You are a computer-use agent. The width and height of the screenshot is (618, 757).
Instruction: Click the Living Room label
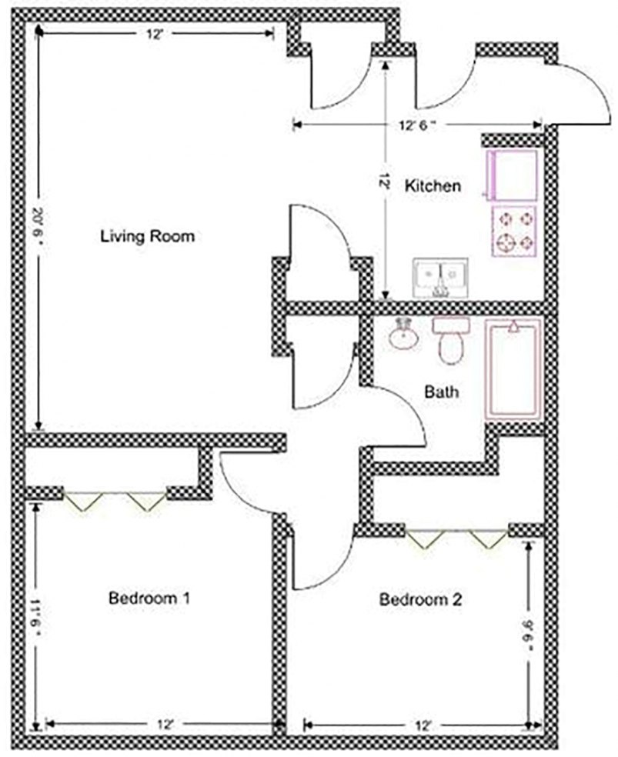click(x=147, y=236)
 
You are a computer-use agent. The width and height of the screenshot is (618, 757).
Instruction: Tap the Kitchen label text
click(x=433, y=185)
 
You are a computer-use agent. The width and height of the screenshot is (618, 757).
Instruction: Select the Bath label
click(x=442, y=392)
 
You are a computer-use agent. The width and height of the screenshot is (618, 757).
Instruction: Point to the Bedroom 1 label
click(x=149, y=597)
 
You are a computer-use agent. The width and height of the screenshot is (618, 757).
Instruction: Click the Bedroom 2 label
click(x=420, y=599)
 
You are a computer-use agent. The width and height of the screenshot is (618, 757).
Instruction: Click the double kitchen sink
click(x=442, y=276)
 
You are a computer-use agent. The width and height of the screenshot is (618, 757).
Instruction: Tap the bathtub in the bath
click(x=513, y=369)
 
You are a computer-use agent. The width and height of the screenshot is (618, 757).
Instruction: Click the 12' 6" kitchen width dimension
click(x=419, y=125)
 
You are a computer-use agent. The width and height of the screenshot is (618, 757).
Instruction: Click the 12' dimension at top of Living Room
click(x=153, y=33)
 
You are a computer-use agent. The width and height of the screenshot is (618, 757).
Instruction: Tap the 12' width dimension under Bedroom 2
click(x=421, y=725)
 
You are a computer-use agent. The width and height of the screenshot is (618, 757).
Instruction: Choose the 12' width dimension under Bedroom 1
click(x=162, y=725)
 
